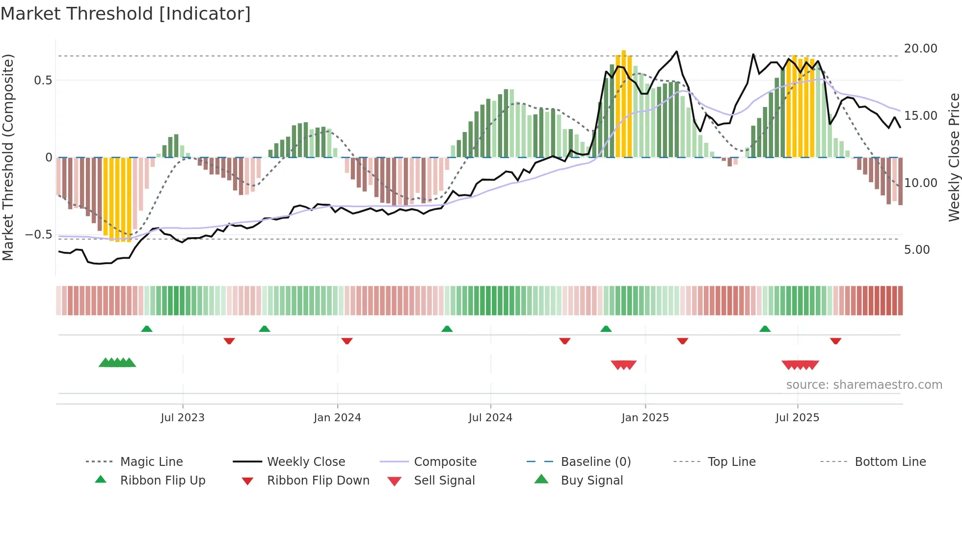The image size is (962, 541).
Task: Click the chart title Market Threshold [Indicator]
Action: [x=126, y=14]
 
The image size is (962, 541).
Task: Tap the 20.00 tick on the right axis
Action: [x=920, y=49]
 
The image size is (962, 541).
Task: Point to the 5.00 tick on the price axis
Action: [x=916, y=250]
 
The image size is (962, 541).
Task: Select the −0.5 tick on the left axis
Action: [x=39, y=235]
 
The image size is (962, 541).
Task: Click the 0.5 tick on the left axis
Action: [x=43, y=81]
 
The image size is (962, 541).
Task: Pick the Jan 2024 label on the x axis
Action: [x=337, y=418]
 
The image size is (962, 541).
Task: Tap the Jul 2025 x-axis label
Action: [x=797, y=418]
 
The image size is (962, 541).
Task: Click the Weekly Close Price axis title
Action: [x=954, y=157]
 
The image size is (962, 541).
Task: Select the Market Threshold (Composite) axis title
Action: [x=8, y=157]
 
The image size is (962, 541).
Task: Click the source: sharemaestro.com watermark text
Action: [x=864, y=385]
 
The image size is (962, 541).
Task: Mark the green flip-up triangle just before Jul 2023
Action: [x=147, y=329]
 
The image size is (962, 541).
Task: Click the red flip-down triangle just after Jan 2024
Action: [x=347, y=341]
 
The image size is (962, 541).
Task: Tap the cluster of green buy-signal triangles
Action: [x=117, y=363]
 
